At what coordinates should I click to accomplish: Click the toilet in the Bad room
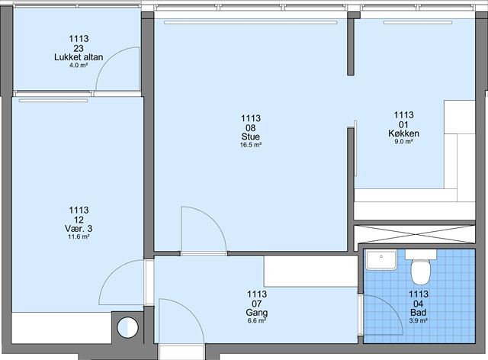[421, 268]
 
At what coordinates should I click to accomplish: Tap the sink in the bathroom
[381, 260]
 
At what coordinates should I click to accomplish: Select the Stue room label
[251, 137]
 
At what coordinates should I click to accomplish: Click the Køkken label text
[403, 133]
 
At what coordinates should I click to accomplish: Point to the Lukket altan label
[79, 57]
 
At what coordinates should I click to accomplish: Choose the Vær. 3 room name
[79, 229]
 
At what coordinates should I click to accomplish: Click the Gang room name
[257, 313]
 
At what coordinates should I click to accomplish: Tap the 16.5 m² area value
[251, 145]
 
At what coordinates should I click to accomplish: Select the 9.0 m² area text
[403, 141]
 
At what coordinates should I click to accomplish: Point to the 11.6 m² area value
[79, 236]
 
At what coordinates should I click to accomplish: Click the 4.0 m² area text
[79, 66]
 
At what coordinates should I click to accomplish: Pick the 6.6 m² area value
[257, 321]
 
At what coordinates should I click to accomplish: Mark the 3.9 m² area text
[419, 321]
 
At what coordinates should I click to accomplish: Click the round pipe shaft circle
[127, 327]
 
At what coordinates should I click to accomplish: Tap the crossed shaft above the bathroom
[415, 234]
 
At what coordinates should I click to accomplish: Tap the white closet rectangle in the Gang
[310, 271]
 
